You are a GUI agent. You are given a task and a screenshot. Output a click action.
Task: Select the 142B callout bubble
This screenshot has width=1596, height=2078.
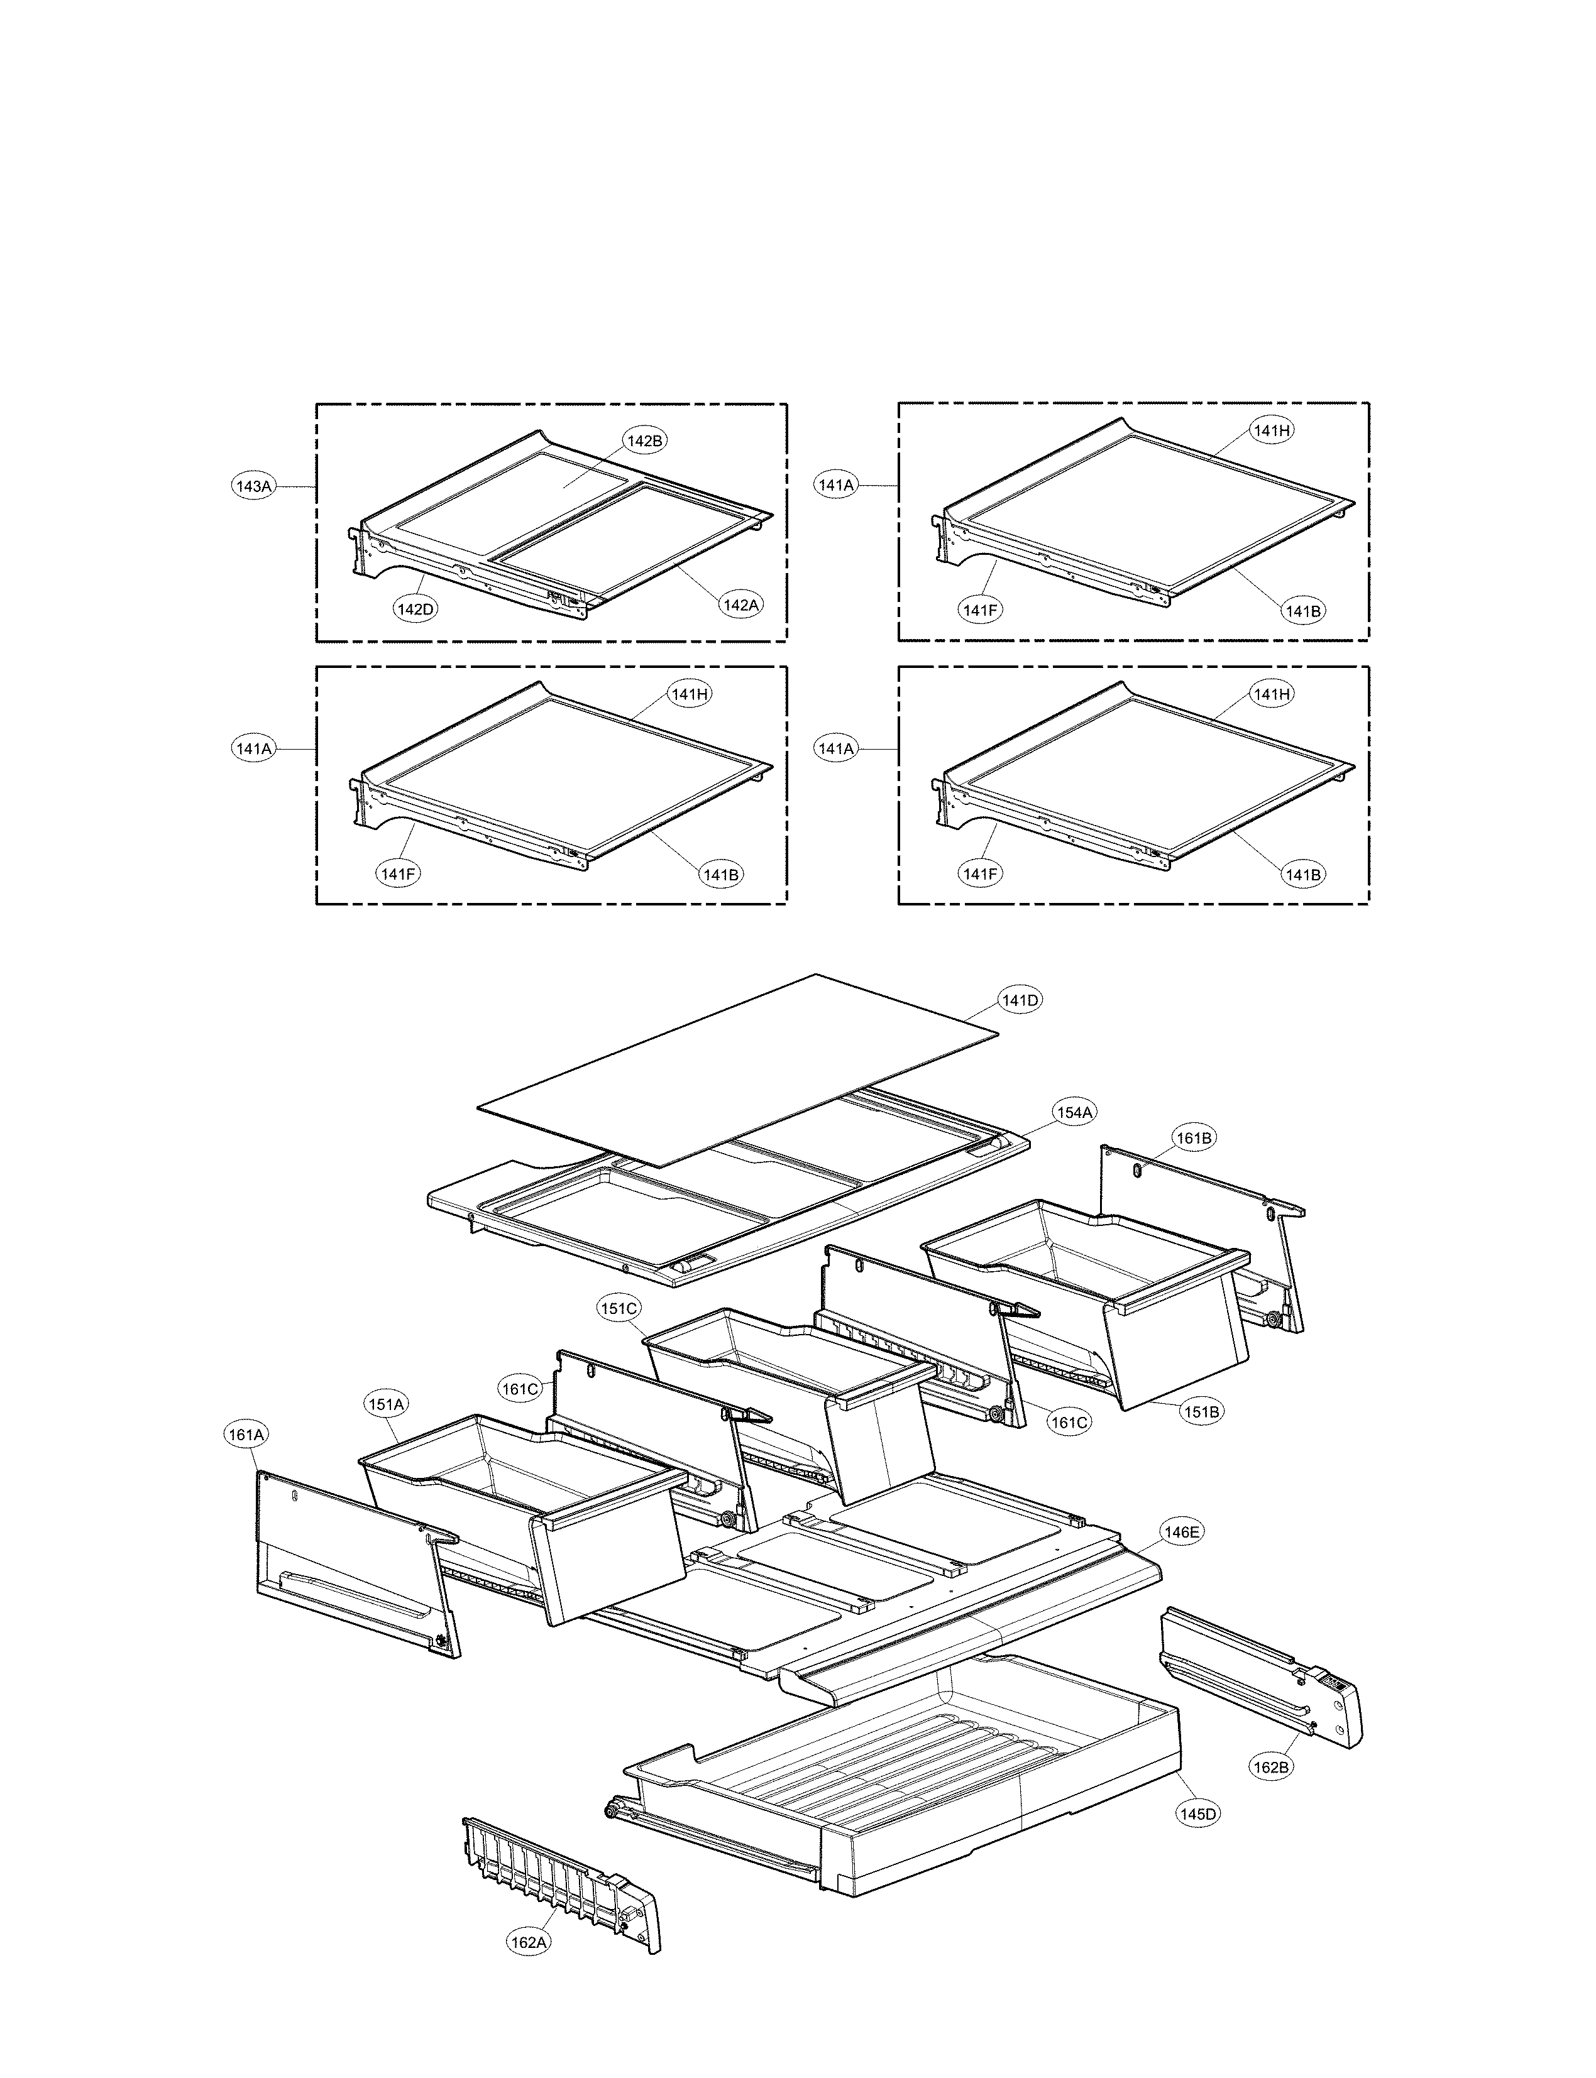[x=645, y=440]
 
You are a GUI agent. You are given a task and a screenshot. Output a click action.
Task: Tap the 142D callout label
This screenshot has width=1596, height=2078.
[x=415, y=609]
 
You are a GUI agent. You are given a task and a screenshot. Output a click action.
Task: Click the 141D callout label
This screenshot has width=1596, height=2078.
[x=1020, y=1000]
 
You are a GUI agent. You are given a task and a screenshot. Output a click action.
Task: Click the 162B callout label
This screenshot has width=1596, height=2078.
[x=1271, y=1766]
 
